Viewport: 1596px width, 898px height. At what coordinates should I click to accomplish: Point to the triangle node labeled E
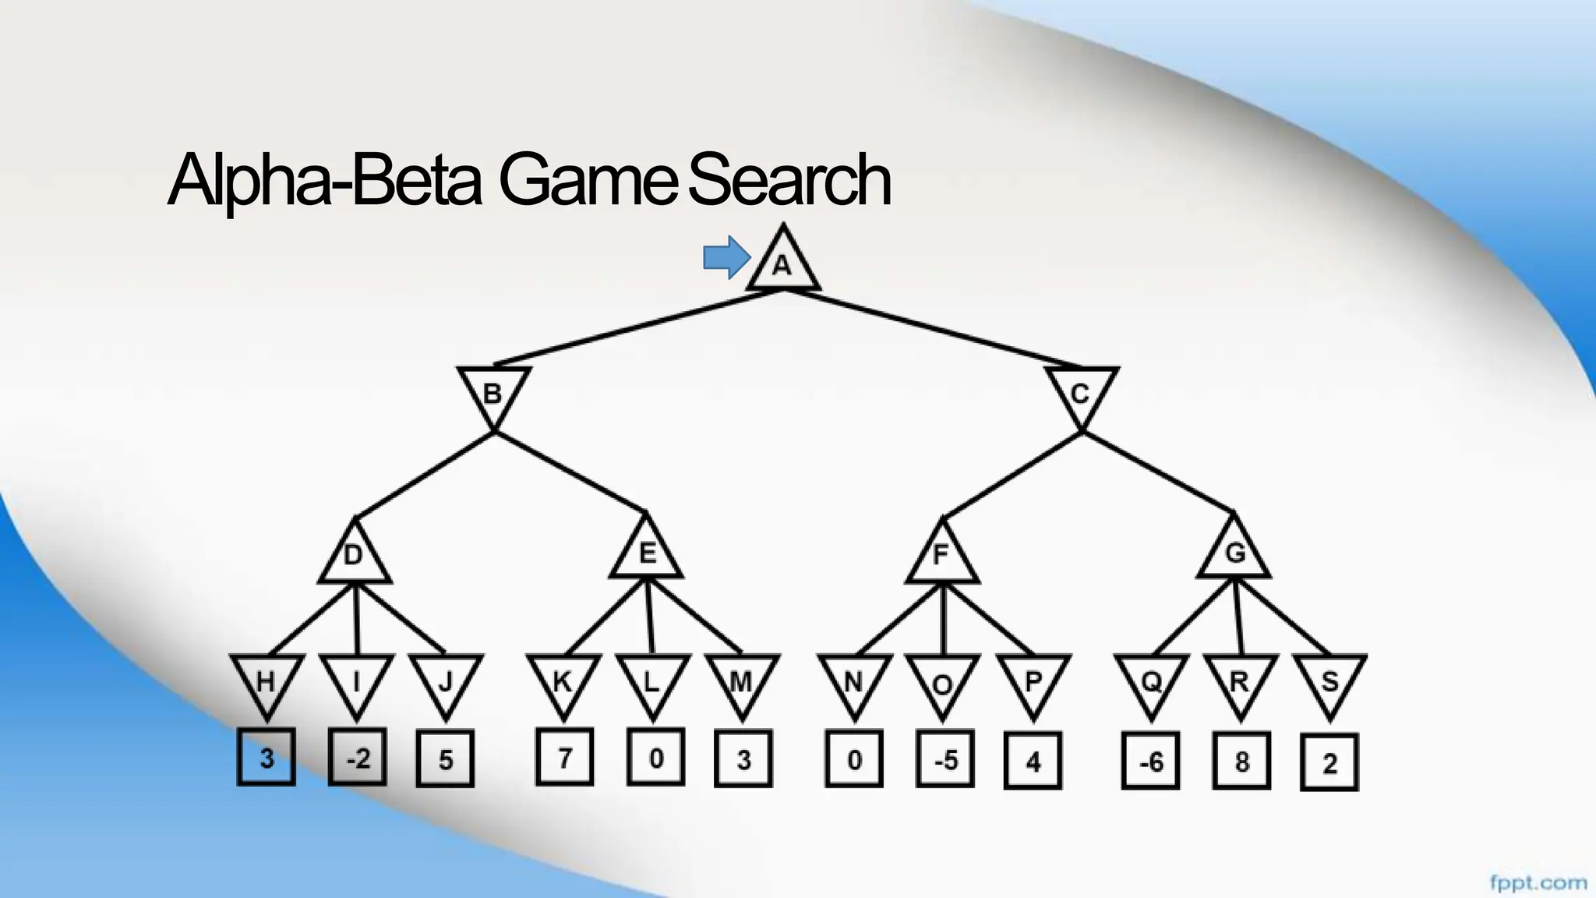(x=647, y=553)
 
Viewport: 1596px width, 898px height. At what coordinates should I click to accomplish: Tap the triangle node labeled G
(x=1234, y=553)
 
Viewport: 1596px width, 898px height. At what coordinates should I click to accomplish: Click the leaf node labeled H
(x=267, y=681)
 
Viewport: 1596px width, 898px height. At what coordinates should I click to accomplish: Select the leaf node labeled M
(x=740, y=681)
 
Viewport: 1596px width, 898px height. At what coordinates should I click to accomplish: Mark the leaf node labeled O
(x=942, y=683)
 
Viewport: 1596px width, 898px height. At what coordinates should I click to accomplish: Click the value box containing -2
(x=358, y=757)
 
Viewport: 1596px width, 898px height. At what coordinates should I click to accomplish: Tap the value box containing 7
(x=564, y=756)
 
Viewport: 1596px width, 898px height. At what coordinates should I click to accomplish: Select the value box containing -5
(x=945, y=758)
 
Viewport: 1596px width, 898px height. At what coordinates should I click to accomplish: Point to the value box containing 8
(x=1241, y=761)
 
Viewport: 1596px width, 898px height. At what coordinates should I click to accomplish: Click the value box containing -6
(x=1150, y=761)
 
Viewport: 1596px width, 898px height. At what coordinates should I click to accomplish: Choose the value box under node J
(x=445, y=758)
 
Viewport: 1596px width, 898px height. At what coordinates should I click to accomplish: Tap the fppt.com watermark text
(x=1538, y=883)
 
